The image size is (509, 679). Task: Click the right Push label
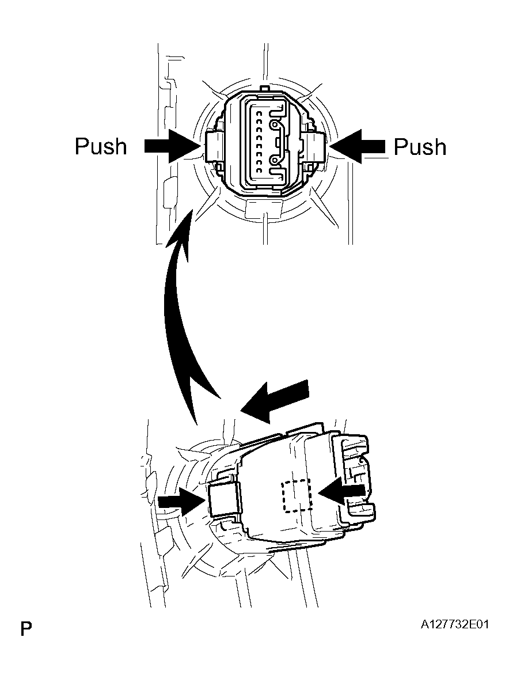pyautogui.click(x=420, y=147)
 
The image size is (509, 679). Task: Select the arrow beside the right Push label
pyautogui.click(x=357, y=147)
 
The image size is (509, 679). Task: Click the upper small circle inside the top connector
pyautogui.click(x=275, y=126)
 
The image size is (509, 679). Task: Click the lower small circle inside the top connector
pyautogui.click(x=275, y=161)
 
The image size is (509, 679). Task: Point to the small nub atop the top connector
pyautogui.click(x=266, y=88)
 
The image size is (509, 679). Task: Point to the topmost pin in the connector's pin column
pyautogui.click(x=259, y=113)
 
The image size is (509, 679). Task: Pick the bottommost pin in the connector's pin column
pyautogui.click(x=259, y=171)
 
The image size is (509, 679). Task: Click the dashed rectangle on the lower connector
pyautogui.click(x=297, y=496)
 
